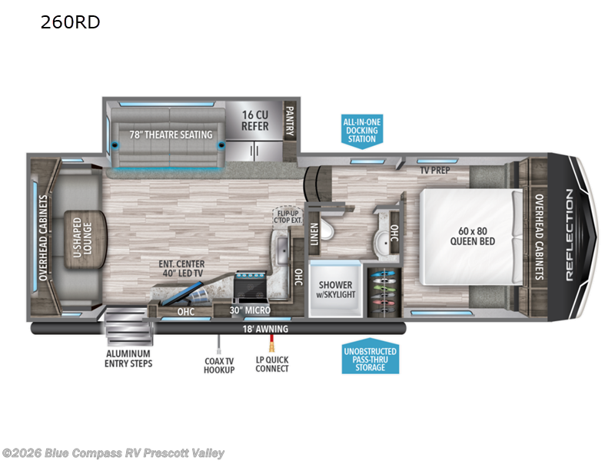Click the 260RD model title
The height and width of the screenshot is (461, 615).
click(x=70, y=22)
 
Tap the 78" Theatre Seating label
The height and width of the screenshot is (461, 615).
click(x=171, y=135)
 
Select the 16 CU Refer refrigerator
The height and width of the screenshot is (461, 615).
click(x=254, y=121)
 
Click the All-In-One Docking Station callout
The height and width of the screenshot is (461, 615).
click(x=361, y=130)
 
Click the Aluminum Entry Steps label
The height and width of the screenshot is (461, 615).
click(x=128, y=358)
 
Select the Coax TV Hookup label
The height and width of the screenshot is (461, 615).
click(x=218, y=363)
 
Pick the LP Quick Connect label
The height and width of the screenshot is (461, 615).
click(x=272, y=363)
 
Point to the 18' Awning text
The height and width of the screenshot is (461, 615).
click(x=266, y=329)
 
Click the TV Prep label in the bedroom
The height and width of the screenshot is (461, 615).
click(x=434, y=170)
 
